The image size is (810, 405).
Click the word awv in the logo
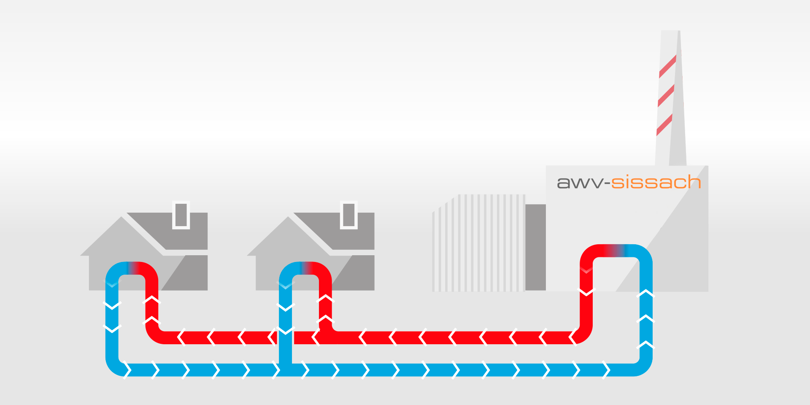click(580, 183)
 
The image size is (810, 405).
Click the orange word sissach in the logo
click(656, 182)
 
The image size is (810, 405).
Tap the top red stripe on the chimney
click(668, 66)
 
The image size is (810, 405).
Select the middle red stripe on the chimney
click(666, 95)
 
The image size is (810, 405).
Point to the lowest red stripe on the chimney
click(664, 124)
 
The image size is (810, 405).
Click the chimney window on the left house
click(181, 215)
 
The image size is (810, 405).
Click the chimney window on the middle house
click(349, 215)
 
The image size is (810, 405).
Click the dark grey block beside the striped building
click(536, 247)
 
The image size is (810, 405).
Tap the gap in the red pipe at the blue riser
click(286, 337)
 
